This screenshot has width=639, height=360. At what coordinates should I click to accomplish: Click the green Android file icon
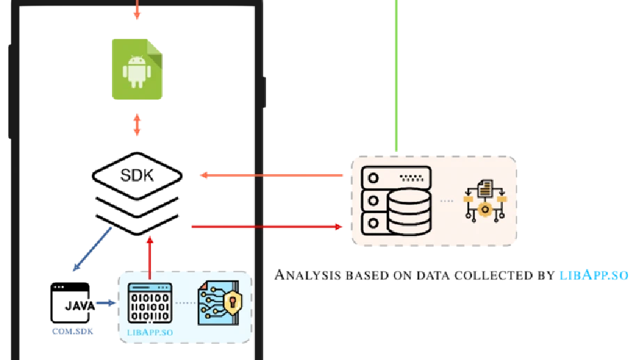[138, 68]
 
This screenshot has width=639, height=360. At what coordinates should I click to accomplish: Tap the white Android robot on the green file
[137, 71]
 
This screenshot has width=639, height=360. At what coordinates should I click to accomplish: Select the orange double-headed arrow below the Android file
[137, 125]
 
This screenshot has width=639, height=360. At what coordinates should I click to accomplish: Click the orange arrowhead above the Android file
[137, 14]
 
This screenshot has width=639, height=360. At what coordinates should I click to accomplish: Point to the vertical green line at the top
[397, 70]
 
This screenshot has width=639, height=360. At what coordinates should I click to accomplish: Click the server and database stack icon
[397, 201]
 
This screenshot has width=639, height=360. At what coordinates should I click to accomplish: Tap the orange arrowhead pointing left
[204, 175]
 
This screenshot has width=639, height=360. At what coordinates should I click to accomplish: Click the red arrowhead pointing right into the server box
[339, 226]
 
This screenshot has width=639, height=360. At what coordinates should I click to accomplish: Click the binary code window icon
[150, 303]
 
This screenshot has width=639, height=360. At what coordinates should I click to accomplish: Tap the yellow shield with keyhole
[232, 303]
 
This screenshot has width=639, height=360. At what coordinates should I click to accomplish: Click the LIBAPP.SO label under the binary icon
[150, 332]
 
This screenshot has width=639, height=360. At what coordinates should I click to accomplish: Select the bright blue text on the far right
[593, 275]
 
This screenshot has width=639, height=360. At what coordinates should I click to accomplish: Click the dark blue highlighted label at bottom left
[72, 332]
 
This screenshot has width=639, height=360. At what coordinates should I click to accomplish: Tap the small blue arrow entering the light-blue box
[106, 303]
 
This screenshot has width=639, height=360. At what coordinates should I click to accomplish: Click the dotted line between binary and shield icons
[184, 303]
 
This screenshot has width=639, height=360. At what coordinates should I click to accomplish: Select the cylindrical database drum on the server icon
[409, 211]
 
